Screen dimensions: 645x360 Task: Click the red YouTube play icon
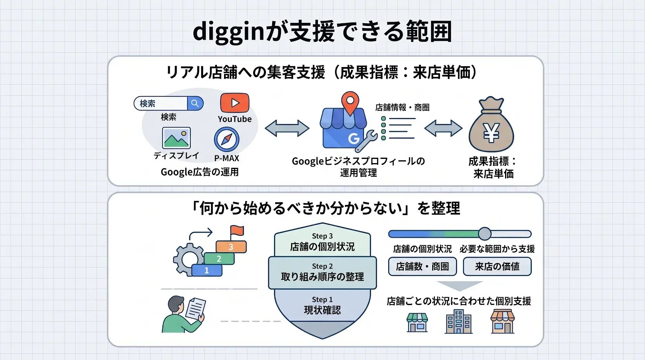[x=235, y=103]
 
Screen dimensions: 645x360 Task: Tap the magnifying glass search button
[x=195, y=103]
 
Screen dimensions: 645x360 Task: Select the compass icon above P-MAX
[x=227, y=139]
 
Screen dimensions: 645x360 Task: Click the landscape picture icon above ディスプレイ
[x=176, y=138]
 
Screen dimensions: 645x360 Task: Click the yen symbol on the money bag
[x=491, y=133]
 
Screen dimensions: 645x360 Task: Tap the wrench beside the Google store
[x=366, y=141]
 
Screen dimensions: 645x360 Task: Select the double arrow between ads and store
[x=287, y=128]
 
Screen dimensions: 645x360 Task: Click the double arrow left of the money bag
[x=443, y=128]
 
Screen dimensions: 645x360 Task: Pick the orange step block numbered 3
[x=231, y=247]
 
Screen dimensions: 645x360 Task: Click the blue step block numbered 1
[x=207, y=270]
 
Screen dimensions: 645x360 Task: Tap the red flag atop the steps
[x=237, y=232]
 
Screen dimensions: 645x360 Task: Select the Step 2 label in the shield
[x=322, y=266]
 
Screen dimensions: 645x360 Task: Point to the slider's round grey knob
[x=485, y=234]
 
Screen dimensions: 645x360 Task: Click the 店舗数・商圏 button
[x=423, y=267]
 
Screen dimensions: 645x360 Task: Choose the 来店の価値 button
[x=497, y=267]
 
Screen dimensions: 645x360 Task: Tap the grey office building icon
[x=459, y=322]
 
